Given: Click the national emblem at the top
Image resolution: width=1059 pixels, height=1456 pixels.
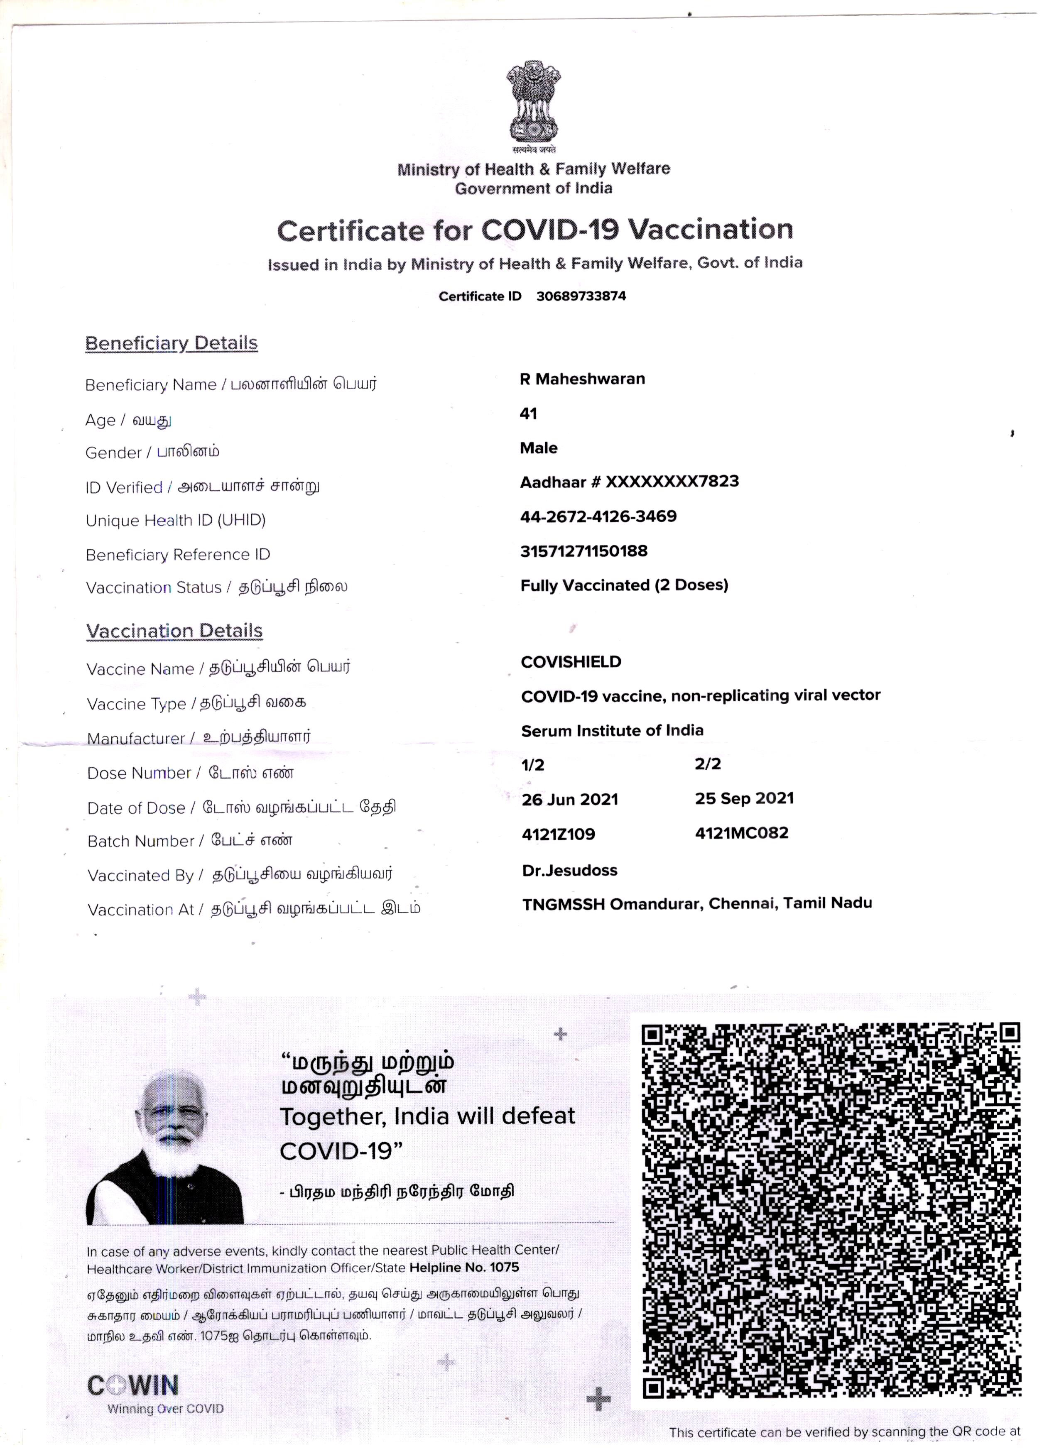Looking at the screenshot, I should (x=533, y=103).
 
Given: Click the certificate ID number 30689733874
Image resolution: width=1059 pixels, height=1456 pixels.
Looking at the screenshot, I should (x=581, y=296).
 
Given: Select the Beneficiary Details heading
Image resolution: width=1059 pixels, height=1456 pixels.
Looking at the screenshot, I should (x=172, y=343).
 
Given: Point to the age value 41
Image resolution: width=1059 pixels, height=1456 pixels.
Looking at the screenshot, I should (x=528, y=414).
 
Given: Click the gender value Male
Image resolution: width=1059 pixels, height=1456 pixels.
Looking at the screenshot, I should (x=538, y=448).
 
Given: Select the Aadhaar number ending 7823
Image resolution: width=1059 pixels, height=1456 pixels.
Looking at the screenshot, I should (x=629, y=482).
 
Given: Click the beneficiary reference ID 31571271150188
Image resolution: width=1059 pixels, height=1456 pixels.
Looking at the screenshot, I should (x=584, y=551).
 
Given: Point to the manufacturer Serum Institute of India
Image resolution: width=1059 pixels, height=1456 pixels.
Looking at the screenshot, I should (x=612, y=731).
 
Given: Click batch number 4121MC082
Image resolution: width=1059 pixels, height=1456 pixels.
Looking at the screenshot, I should (x=742, y=833).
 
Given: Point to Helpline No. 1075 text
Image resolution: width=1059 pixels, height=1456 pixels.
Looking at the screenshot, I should (x=464, y=1267).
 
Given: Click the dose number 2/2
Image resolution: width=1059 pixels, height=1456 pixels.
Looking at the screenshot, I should (x=708, y=764).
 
